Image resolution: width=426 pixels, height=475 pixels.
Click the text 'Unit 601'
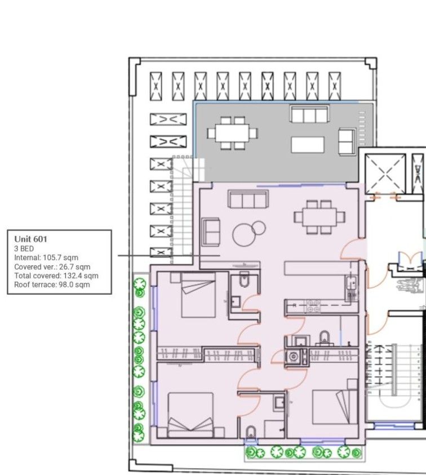point(31,239)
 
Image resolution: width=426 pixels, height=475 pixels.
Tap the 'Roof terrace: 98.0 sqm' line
point(52,285)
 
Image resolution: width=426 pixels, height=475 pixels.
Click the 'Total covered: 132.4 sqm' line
point(56,276)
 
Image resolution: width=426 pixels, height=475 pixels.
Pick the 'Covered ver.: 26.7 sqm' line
point(52,267)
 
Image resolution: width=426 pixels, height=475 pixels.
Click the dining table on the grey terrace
point(233,133)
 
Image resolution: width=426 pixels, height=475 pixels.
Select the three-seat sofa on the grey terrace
point(309,114)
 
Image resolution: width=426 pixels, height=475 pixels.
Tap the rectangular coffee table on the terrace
point(308,145)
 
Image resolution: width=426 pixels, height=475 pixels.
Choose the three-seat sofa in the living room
point(247,199)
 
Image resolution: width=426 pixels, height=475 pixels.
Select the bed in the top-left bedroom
point(198,295)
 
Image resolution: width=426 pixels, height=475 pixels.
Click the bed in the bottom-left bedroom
point(190,414)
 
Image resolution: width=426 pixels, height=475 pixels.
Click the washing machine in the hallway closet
point(294,356)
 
